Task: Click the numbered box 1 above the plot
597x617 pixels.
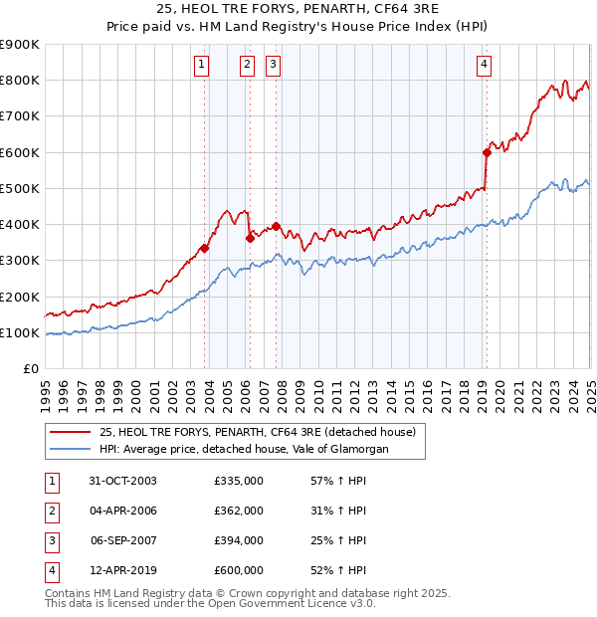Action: coord(202,66)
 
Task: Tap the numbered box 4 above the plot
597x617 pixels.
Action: coord(484,66)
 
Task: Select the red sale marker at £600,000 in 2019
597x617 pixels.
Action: coord(487,152)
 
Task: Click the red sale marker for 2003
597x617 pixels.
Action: coord(205,248)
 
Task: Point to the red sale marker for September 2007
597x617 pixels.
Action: coord(275,226)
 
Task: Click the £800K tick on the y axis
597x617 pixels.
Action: coord(20,81)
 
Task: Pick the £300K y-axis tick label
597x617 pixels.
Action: coord(20,261)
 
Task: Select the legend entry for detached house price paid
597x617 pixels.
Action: coord(263,432)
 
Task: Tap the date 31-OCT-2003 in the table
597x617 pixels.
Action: coord(123,481)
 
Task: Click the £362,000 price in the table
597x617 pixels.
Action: coord(239,511)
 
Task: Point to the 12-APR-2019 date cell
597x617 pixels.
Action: coord(123,570)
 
